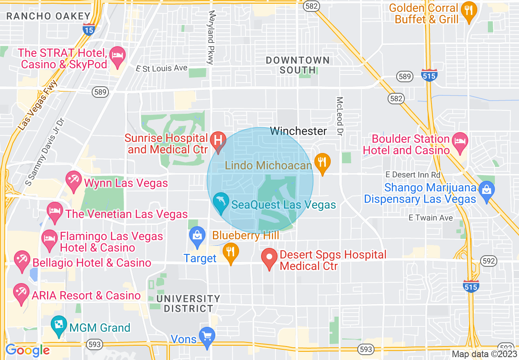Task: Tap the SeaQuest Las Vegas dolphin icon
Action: pos(221,202)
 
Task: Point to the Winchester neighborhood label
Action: pos(298,131)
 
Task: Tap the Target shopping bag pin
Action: pos(197,236)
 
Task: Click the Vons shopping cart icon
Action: pos(207,337)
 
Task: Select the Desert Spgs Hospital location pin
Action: pos(269,259)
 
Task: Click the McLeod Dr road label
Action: pos(340,116)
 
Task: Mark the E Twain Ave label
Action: pos(431,218)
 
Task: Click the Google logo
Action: pos(27,350)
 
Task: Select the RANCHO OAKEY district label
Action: pos(48,16)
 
